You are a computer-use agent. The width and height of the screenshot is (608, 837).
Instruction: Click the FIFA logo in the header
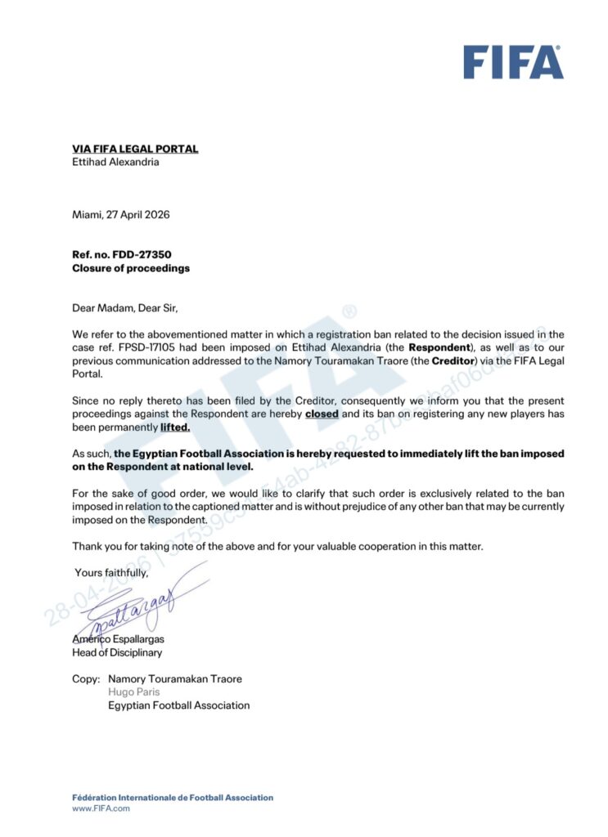coord(513,61)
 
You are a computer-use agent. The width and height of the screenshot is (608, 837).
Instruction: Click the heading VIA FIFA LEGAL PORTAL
coord(135,149)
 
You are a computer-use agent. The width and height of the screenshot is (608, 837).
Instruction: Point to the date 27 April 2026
coord(139,215)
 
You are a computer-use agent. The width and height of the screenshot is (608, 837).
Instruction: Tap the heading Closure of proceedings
coord(131,268)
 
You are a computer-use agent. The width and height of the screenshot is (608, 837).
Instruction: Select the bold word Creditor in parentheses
coord(454,360)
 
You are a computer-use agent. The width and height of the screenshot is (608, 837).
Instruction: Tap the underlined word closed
coord(322,414)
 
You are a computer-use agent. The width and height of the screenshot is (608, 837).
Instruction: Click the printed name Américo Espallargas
coord(118,639)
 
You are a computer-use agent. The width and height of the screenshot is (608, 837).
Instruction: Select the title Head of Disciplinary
coord(117,652)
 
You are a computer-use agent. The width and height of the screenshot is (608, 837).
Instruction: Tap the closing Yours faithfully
coord(112,572)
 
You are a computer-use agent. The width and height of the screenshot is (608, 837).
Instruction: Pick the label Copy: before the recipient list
coord(86,678)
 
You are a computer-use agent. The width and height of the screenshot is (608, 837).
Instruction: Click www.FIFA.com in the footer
coord(101,808)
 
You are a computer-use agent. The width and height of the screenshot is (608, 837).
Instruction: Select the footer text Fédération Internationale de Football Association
coord(173,797)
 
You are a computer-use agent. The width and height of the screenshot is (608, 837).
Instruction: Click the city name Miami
coord(88,215)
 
